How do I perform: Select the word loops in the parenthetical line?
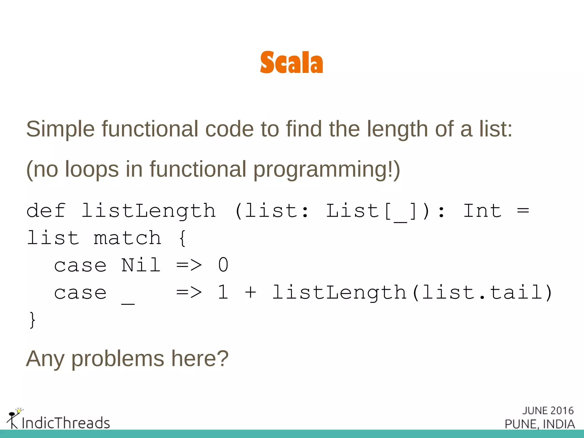click(92, 169)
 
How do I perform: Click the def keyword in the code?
click(46, 211)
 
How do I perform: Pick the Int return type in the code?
click(482, 211)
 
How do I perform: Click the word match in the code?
click(127, 238)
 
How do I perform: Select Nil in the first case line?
click(141, 265)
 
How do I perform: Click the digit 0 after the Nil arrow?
click(223, 265)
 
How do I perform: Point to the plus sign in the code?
click(250, 293)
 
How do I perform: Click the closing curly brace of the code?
click(32, 320)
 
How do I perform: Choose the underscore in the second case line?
click(128, 303)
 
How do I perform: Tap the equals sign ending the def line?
click(523, 211)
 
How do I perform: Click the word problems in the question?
click(117, 359)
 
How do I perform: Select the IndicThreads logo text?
click(66, 423)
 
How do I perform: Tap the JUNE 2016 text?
click(548, 411)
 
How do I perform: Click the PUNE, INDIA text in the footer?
click(540, 424)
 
